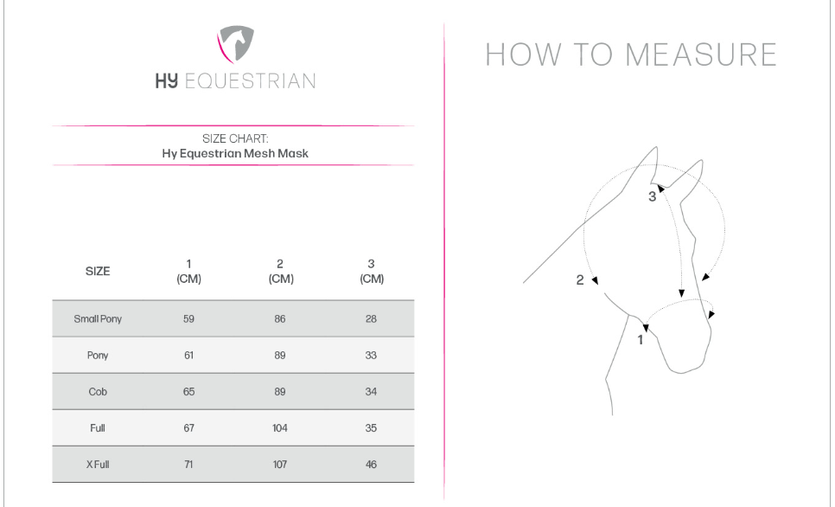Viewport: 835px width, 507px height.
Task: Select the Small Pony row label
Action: (98, 319)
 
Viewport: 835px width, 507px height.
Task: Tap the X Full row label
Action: (98, 465)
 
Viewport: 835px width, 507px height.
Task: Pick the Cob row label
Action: (98, 392)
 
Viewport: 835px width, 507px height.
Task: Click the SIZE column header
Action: (98, 271)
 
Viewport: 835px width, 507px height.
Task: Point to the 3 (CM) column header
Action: (371, 271)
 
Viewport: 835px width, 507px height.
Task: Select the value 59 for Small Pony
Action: (188, 319)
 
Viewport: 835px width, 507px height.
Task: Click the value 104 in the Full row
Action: (280, 428)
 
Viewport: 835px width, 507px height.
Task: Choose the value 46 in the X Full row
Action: (371, 465)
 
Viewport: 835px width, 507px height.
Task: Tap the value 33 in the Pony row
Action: (371, 356)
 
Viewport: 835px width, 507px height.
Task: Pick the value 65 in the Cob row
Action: (188, 392)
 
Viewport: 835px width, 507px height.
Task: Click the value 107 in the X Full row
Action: (280, 465)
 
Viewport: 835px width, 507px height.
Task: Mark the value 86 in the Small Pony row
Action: (280, 319)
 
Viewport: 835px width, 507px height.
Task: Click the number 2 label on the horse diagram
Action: (581, 279)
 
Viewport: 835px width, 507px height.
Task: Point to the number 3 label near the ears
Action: (653, 196)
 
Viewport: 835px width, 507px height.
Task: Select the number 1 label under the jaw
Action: (641, 339)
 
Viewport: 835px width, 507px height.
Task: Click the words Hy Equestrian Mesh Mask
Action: (235, 153)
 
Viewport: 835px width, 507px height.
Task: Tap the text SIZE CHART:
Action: (235, 138)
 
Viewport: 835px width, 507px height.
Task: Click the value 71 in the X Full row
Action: (188, 465)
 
